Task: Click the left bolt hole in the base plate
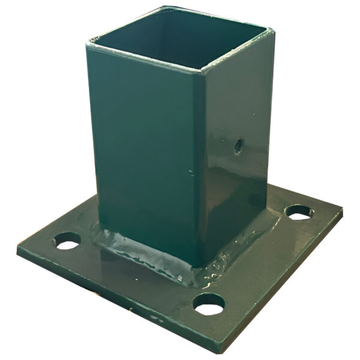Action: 67,241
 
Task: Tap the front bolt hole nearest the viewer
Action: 209,305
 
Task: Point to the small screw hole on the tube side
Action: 238,145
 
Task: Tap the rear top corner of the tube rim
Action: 163,8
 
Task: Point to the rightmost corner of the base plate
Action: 342,211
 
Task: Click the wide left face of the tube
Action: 144,150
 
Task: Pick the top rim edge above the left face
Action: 144,55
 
